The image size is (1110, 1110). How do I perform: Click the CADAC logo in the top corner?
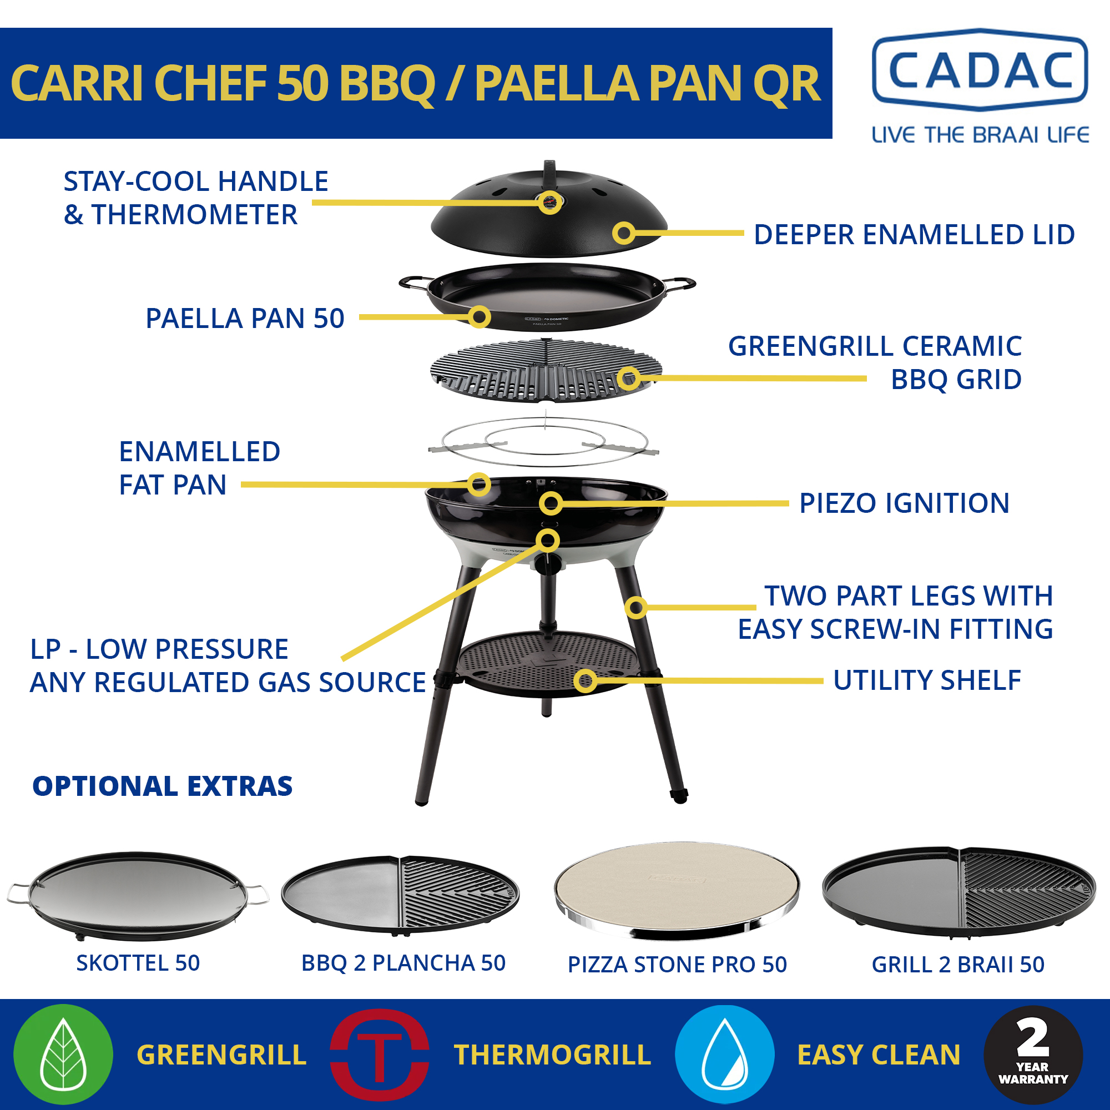980,69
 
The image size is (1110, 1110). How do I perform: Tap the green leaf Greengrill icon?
63,1054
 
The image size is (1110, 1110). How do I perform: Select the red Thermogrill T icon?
379,1054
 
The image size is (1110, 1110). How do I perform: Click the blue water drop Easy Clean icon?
724,1054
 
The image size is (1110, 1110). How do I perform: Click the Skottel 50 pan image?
138,896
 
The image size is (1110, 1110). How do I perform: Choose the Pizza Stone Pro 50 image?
677,891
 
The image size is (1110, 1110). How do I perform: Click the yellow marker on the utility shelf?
586,681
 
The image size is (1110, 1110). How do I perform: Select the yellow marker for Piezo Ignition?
551,504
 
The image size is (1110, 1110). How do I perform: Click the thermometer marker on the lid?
550,202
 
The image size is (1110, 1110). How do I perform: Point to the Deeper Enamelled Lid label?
914,234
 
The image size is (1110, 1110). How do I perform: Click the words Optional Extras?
163,786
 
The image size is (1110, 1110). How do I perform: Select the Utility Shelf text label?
927,680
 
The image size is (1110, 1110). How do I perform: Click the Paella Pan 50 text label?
245,318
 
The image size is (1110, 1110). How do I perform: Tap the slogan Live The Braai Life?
980,135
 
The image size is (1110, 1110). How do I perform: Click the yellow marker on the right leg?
636,607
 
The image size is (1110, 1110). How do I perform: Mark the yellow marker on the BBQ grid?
629,378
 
